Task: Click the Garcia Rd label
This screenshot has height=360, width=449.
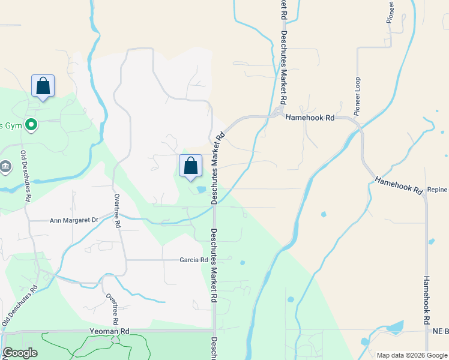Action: pyautogui.click(x=193, y=260)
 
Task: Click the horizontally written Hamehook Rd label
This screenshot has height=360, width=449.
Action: pyautogui.click(x=309, y=118)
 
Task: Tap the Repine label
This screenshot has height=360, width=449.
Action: pyautogui.click(x=438, y=189)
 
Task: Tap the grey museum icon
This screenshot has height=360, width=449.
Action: pyautogui.click(x=6, y=166)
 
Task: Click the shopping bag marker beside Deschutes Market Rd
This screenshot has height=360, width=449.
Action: pyautogui.click(x=190, y=166)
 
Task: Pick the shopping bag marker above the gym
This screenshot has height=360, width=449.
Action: pyautogui.click(x=43, y=86)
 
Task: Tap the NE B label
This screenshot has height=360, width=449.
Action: pyautogui.click(x=439, y=331)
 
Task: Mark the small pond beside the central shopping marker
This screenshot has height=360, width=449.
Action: pyautogui.click(x=201, y=190)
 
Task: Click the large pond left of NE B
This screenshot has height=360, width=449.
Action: pyautogui.click(x=396, y=328)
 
